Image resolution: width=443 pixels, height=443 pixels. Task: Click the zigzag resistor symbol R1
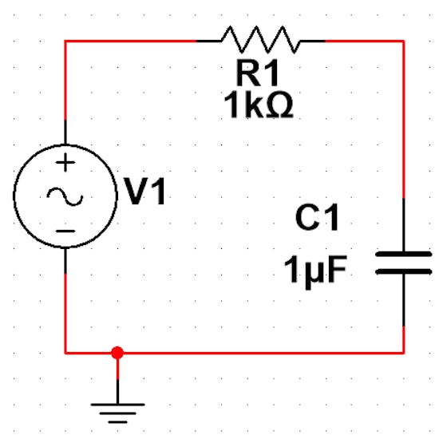pos(261,40)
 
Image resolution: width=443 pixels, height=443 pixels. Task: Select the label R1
pos(258,73)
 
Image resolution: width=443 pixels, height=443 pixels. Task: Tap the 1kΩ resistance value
pos(259,105)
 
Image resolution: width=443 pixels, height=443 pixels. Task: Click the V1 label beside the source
pos(145,192)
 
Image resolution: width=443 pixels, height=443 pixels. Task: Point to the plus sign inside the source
pos(65,163)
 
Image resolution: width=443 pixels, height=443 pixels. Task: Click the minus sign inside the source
pos(65,231)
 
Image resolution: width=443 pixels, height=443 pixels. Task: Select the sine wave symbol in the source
pos(65,196)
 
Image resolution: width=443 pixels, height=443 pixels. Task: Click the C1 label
pos(317,218)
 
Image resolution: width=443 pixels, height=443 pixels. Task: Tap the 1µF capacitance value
pos(315,271)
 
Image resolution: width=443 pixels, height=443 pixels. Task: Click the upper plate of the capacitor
pos(403,254)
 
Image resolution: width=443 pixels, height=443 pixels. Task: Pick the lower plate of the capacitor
pos(403,272)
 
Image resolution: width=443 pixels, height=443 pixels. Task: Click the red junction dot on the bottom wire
pos(117,353)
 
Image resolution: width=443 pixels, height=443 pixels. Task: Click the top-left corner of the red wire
pos(65,41)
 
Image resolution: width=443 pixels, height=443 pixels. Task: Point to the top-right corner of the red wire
pos(404,41)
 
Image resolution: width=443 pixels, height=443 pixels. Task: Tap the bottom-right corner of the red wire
pos(404,353)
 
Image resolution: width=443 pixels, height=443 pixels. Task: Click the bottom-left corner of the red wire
pos(65,353)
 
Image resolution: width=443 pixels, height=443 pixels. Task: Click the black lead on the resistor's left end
pos(209,41)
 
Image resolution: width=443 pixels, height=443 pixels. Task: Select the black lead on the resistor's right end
pos(313,41)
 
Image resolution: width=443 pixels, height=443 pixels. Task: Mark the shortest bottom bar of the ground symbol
pos(117,422)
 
